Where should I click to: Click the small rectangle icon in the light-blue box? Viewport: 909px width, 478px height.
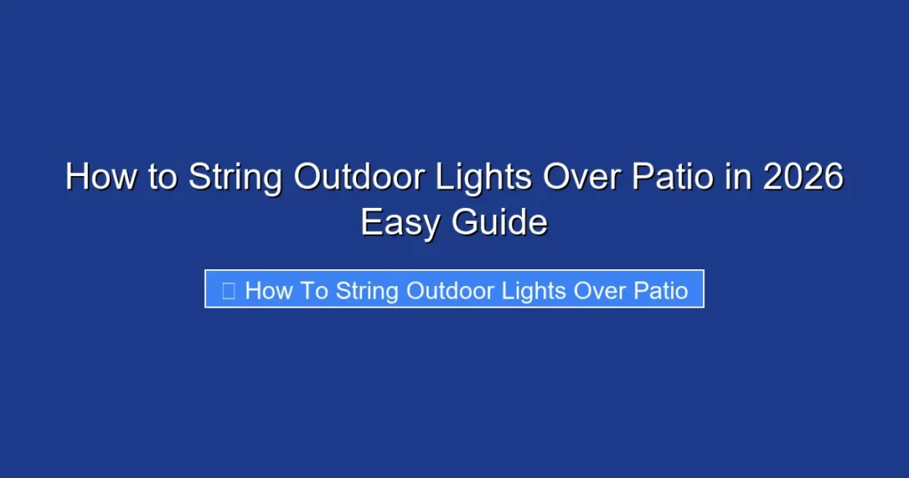click(x=228, y=291)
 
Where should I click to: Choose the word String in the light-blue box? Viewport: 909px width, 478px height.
click(x=368, y=291)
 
